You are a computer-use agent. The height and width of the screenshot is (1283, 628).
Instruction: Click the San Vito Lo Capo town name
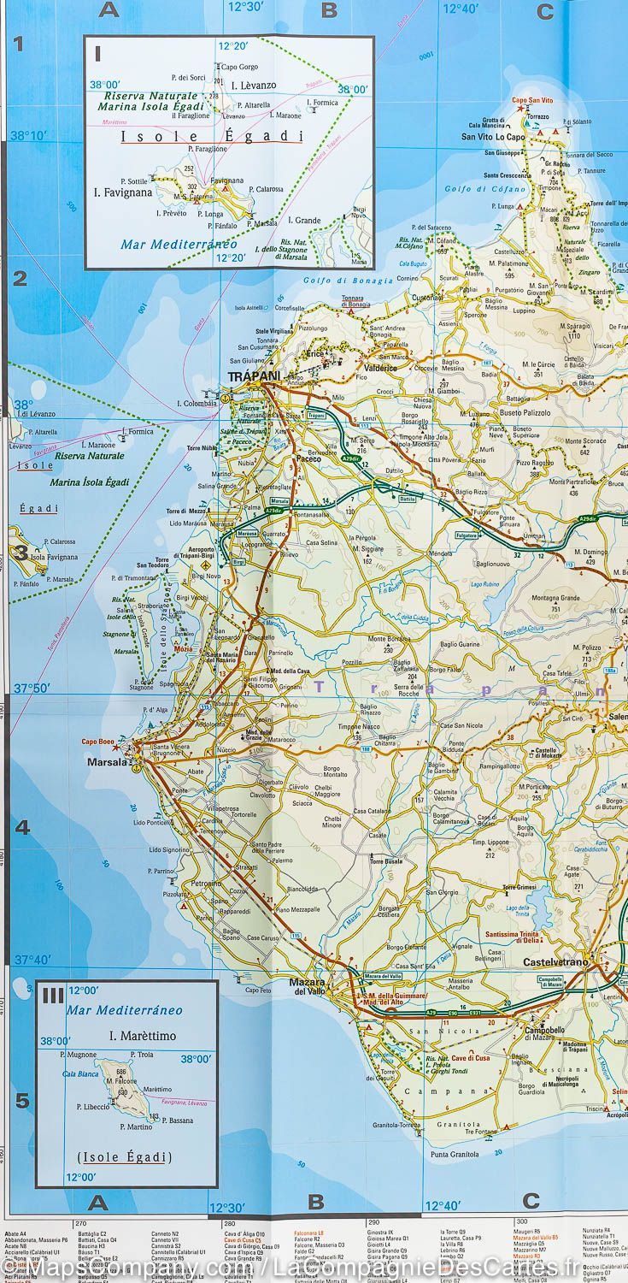pos(493,136)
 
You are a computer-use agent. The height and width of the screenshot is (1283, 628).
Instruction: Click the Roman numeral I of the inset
pos(98,54)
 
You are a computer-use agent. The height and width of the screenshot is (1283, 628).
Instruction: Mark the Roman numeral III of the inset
pos(53,995)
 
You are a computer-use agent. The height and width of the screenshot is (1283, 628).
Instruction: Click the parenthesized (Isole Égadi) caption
pos(125,1157)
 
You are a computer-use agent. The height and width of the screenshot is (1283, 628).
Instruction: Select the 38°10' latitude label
pos(32,134)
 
